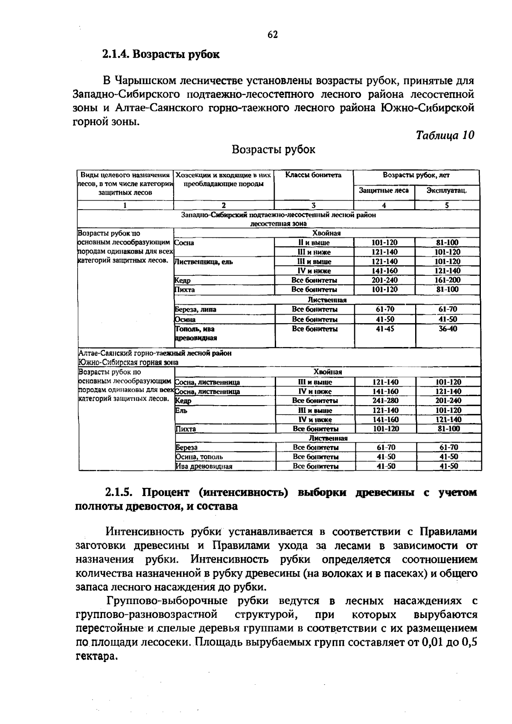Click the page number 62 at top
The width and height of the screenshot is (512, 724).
(x=273, y=35)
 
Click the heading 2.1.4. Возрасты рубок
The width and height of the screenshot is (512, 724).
(x=161, y=54)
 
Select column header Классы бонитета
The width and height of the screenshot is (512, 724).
(x=314, y=175)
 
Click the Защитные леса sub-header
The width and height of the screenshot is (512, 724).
(x=384, y=190)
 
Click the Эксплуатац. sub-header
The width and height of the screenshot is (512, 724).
(x=447, y=190)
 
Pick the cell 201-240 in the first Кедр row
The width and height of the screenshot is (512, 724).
(x=384, y=280)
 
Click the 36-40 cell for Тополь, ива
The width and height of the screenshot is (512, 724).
(x=448, y=329)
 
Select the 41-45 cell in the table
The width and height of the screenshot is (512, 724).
(x=384, y=329)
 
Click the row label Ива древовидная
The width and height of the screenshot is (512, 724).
(x=204, y=467)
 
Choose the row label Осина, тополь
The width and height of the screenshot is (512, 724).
(x=199, y=457)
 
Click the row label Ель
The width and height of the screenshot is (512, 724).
(x=181, y=410)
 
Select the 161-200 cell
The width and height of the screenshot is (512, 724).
(x=448, y=280)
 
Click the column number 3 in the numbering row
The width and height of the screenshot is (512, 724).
(x=314, y=205)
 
